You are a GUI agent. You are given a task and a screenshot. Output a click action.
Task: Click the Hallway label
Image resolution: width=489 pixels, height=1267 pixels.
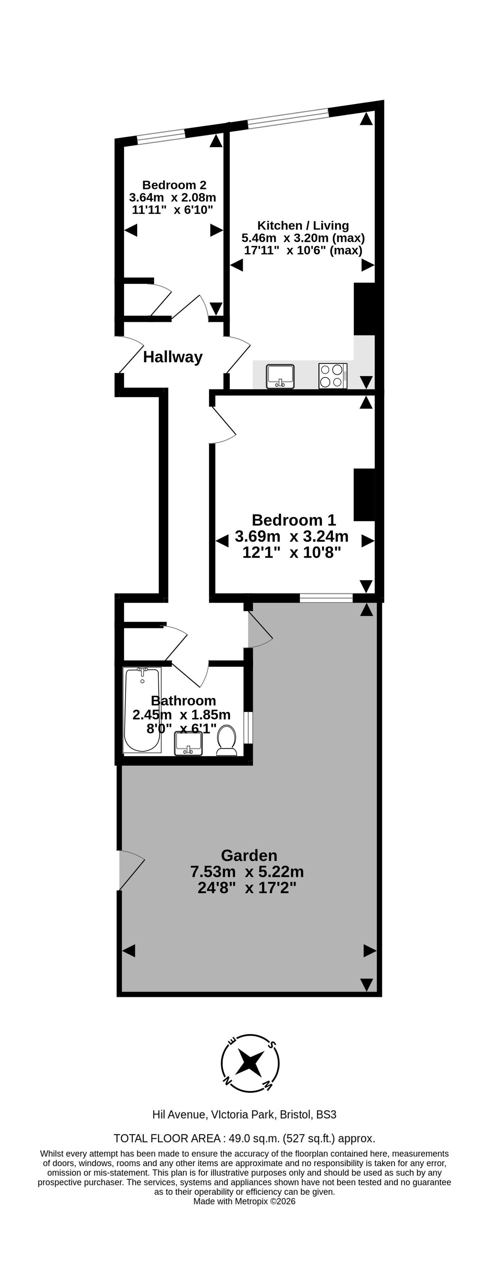[x=172, y=357]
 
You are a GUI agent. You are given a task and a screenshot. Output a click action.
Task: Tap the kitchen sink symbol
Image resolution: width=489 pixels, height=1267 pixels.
[x=280, y=376]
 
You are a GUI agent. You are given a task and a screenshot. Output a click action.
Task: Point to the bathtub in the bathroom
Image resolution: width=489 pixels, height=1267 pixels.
[x=142, y=710]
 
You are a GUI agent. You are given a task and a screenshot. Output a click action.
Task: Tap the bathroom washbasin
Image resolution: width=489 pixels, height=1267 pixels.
[x=189, y=743]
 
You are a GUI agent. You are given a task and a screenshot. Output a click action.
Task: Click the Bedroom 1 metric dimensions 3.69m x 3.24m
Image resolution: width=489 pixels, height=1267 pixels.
[x=292, y=536]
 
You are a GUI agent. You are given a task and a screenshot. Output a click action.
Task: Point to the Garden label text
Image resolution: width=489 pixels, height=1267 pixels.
[x=249, y=855]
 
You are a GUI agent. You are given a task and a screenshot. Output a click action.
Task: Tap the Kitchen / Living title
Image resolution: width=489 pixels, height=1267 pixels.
[x=303, y=225]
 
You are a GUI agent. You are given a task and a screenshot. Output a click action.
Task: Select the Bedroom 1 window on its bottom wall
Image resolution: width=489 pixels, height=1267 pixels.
[x=326, y=598]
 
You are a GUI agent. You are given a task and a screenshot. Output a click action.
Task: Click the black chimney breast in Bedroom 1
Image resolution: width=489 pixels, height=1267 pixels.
[x=364, y=494]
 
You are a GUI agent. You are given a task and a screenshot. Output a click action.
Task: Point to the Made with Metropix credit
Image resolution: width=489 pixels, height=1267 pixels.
[x=244, y=1202]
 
